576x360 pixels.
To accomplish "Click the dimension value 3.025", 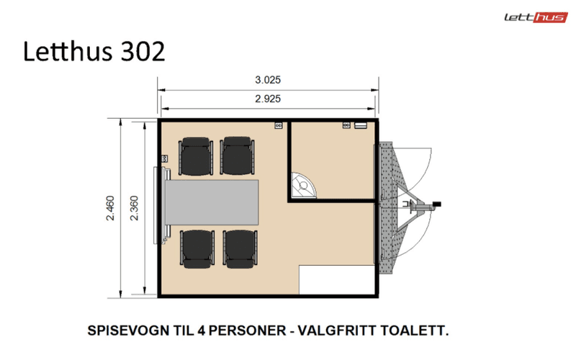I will point(268,80).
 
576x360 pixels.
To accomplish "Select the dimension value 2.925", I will point(268,99).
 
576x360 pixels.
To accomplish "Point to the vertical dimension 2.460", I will point(110,208).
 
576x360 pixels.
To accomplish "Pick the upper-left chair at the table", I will point(195,158).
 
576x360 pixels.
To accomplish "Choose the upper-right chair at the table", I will point(238,158).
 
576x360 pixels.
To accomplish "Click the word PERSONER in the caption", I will point(243,332).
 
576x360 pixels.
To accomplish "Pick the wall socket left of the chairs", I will point(165,157).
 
